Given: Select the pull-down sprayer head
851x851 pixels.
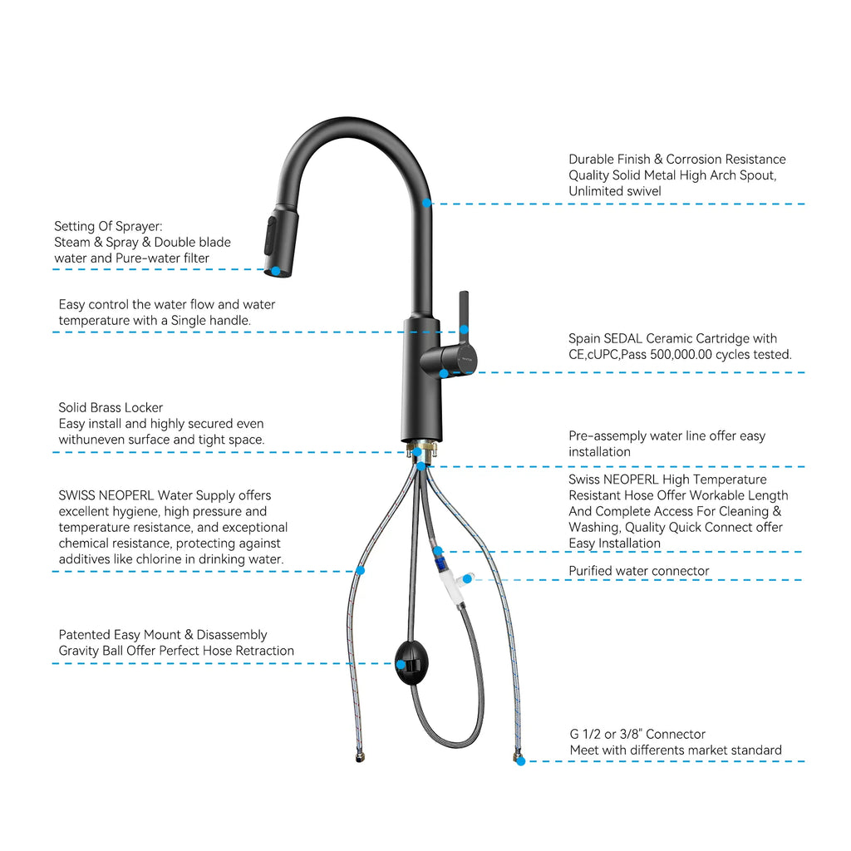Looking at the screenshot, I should pyautogui.click(x=279, y=242).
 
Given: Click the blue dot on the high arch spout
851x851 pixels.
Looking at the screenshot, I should pyautogui.click(x=426, y=203).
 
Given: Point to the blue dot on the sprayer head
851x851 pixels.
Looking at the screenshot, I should pyautogui.click(x=276, y=270).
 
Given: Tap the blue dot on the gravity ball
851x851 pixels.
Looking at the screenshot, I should pyautogui.click(x=400, y=664).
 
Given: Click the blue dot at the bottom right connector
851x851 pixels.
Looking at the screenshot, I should pyautogui.click(x=520, y=761).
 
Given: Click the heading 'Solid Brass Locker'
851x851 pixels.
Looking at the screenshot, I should pyautogui.click(x=111, y=407).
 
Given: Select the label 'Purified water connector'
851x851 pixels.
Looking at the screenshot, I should pyautogui.click(x=638, y=571).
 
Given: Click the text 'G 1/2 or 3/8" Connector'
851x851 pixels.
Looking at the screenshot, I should pyautogui.click(x=637, y=734).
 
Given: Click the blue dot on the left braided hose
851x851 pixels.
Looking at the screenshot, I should pyautogui.click(x=361, y=570).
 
